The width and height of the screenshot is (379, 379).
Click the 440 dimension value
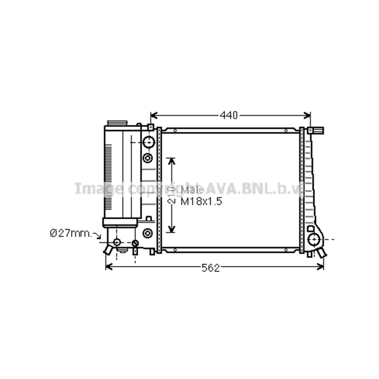tap(229, 115)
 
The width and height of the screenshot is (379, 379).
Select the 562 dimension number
tap(211, 268)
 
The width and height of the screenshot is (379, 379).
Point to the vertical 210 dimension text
tap(172, 195)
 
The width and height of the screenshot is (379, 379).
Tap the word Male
tap(192, 190)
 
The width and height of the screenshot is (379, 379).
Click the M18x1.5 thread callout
tap(201, 201)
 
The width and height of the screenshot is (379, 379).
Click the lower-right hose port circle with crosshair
tap(314, 239)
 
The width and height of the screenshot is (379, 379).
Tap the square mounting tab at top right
tap(310, 130)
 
